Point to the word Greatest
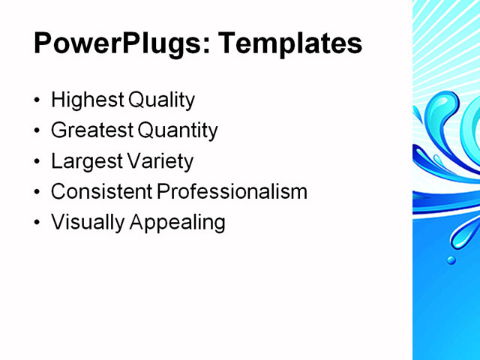tap(91, 130)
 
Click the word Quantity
tap(178, 130)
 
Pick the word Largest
tap(83, 161)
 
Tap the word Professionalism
tap(232, 192)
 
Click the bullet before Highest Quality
tap(38, 100)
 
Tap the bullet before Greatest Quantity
tap(38, 131)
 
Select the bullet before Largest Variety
tap(38, 162)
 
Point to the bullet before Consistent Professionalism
tap(38, 193)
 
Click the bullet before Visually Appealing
tap(38, 223)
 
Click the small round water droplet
tap(451, 260)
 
